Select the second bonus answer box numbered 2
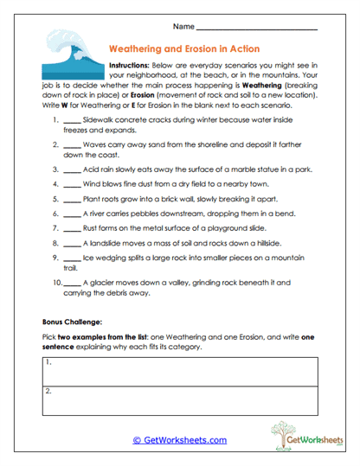(x=180, y=401)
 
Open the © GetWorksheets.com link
(x=179, y=440)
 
